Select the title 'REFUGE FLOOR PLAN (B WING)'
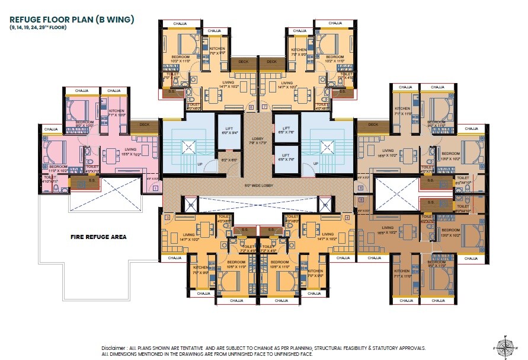point(72,20)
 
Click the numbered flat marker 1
point(155,188)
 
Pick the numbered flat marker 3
point(168,218)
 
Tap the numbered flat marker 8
point(251,107)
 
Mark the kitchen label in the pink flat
point(116,113)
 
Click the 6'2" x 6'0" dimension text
point(228,160)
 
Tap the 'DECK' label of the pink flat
point(144,125)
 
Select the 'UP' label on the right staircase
point(315,164)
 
